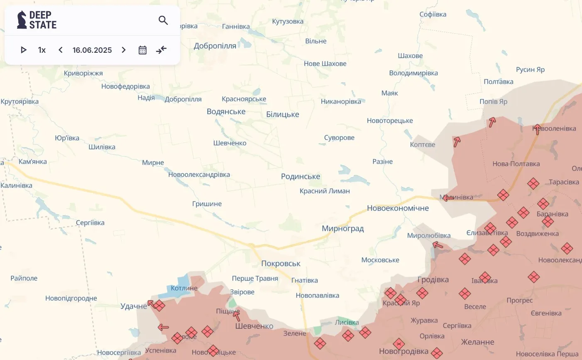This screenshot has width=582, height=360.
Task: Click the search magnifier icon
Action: (163, 20)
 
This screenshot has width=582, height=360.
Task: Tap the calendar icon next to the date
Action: (142, 50)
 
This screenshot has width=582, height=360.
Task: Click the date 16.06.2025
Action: (92, 50)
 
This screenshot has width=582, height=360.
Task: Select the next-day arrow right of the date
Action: (124, 50)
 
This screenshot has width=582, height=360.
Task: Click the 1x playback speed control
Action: (42, 50)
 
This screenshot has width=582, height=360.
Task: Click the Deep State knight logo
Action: (22, 20)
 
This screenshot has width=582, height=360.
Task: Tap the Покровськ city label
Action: (281, 263)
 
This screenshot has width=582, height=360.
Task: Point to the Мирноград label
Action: (342, 228)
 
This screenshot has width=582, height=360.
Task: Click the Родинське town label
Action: (300, 176)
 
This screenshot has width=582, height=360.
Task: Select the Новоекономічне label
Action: (397, 208)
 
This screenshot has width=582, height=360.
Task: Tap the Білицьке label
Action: (282, 114)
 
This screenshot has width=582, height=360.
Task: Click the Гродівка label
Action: (433, 279)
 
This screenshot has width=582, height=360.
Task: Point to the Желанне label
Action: (477, 342)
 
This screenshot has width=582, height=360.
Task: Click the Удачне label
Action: (133, 306)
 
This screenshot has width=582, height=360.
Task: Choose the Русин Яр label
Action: (530, 69)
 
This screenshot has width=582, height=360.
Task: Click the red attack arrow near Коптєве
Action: (457, 142)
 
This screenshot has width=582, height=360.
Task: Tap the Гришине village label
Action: (207, 204)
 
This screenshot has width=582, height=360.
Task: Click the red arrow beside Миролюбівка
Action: (438, 245)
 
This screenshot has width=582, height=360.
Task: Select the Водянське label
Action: (226, 111)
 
